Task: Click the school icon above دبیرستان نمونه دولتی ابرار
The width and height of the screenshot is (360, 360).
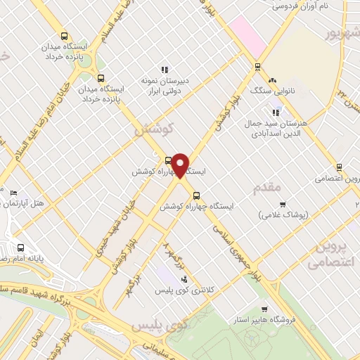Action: click(165, 70)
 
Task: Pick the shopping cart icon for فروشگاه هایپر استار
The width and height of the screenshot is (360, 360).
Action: click(264, 309)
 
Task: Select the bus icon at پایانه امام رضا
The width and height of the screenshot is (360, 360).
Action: click(20, 247)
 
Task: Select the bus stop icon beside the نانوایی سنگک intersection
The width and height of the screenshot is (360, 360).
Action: click(257, 67)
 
